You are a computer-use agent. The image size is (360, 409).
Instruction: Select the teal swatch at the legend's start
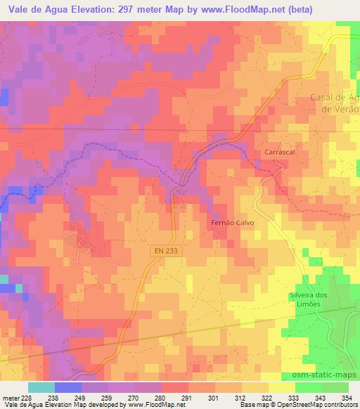tap(41, 387)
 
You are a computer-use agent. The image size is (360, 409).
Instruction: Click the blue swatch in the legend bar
tap(67, 387)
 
